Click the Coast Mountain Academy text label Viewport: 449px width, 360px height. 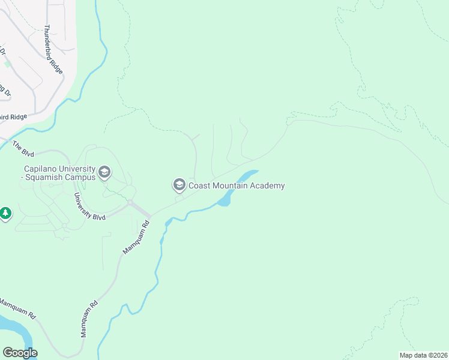237,185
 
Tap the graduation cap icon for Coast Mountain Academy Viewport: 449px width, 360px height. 179,184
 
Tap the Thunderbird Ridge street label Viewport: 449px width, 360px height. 52,40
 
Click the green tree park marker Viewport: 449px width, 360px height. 5,213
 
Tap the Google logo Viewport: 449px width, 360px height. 20,353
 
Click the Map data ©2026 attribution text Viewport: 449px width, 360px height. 423,355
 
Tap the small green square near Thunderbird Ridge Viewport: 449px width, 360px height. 7,62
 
